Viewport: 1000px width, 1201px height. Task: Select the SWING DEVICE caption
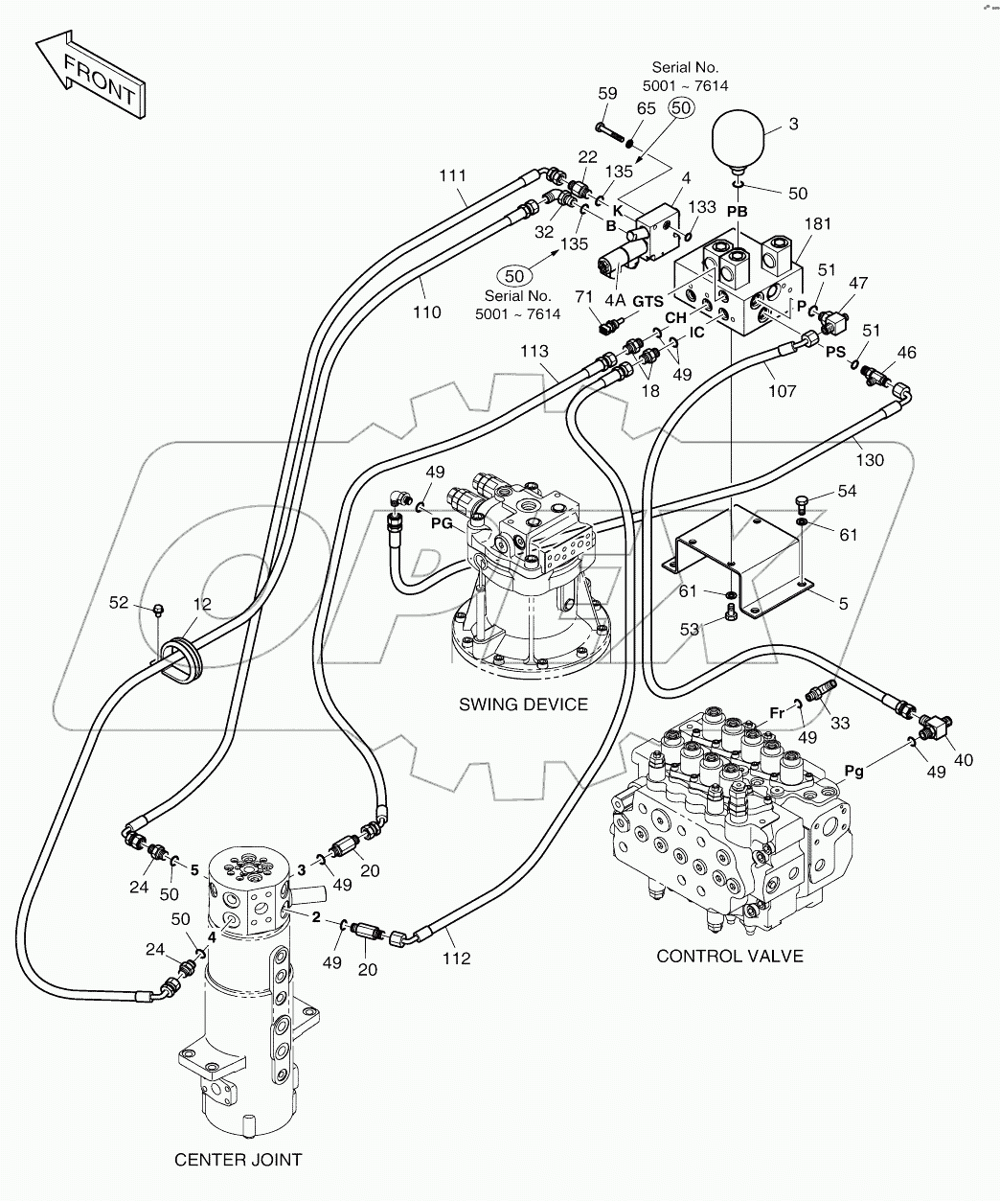(523, 704)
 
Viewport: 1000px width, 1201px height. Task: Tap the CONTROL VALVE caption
(729, 955)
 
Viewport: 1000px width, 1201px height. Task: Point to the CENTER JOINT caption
(238, 1159)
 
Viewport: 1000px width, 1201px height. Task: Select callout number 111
(452, 175)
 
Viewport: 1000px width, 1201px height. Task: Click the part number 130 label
(870, 461)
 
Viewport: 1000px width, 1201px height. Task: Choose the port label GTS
(648, 301)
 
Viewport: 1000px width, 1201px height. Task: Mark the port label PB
(737, 210)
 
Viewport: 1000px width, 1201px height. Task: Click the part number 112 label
(457, 958)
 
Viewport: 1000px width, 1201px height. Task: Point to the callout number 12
(202, 604)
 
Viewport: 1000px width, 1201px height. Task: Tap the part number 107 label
(783, 391)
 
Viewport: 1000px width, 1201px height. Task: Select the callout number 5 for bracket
(842, 604)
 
